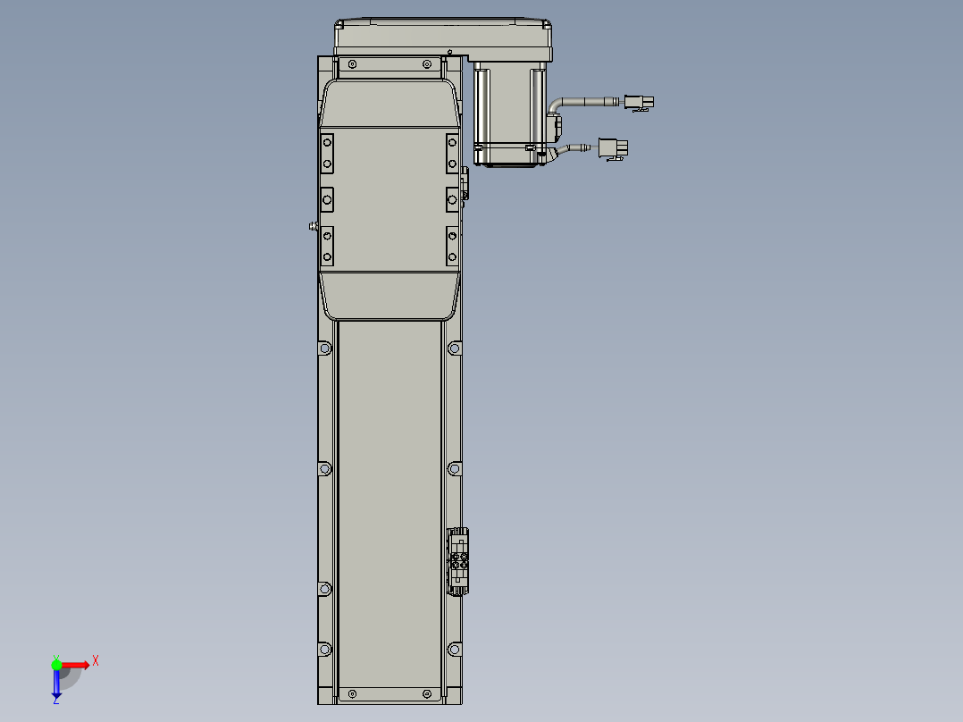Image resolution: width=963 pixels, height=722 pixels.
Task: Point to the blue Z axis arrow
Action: click(x=56, y=684)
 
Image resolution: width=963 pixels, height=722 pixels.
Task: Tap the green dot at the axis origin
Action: click(x=56, y=664)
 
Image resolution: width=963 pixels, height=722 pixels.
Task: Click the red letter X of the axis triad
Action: click(x=96, y=660)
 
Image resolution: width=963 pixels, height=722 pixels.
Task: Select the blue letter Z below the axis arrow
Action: click(x=55, y=701)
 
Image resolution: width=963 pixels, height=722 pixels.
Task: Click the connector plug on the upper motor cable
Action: click(x=638, y=103)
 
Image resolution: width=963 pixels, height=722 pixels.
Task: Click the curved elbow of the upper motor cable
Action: click(x=557, y=106)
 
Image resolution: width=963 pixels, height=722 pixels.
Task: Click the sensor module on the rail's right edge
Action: click(x=459, y=561)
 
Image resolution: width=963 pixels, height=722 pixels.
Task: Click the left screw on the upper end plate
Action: click(x=352, y=64)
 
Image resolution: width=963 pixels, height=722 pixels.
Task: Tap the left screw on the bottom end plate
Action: click(x=352, y=693)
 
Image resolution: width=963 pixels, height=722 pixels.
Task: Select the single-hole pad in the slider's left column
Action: click(x=327, y=197)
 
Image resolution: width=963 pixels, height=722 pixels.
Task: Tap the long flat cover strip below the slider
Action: click(x=389, y=500)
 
